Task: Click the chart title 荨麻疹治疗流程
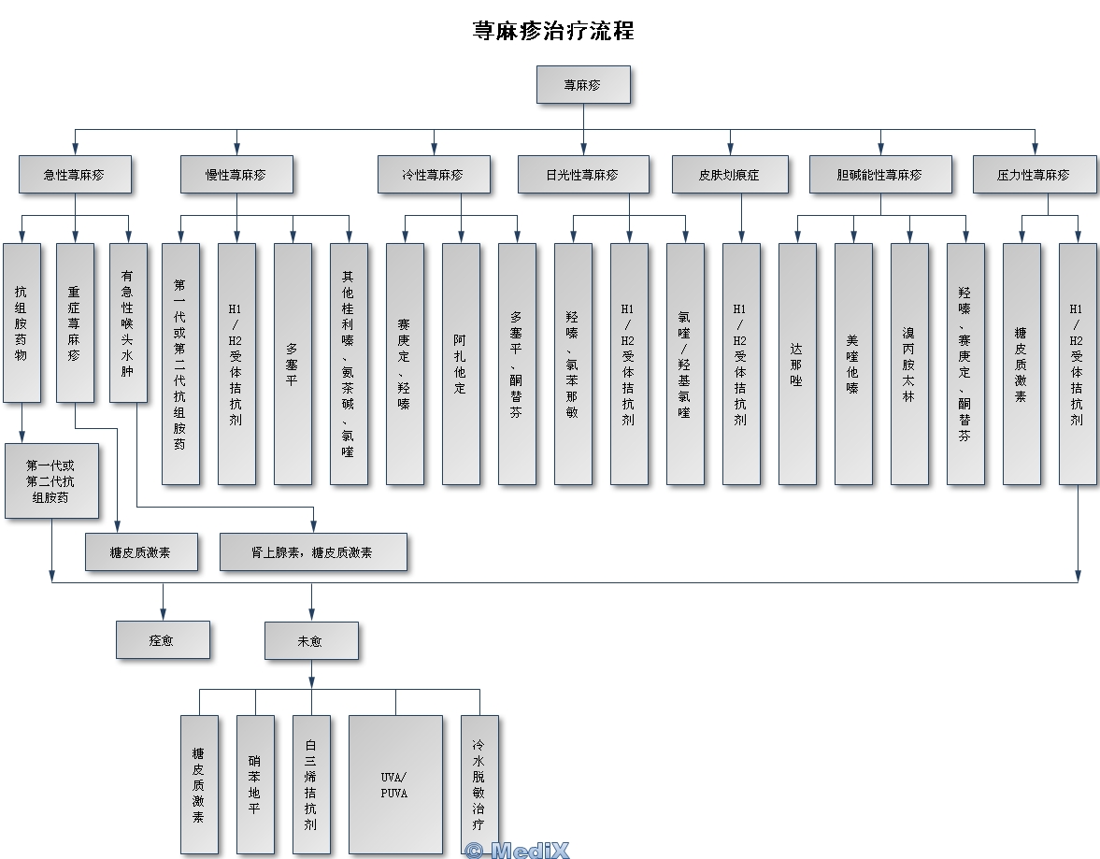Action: click(553, 31)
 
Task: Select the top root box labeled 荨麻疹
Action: click(583, 84)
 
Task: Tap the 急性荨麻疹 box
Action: click(75, 175)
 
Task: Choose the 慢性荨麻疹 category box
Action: click(236, 175)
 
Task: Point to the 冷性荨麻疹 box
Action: click(434, 175)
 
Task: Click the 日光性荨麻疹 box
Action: click(583, 175)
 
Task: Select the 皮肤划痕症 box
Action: click(730, 175)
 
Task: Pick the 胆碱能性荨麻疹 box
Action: click(880, 175)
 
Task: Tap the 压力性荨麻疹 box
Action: click(1035, 175)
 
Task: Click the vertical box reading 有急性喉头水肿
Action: click(128, 322)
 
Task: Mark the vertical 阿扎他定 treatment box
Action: click(461, 364)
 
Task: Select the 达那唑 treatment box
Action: click(797, 364)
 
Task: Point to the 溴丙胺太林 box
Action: click(909, 364)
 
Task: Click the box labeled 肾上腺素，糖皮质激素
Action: click(313, 551)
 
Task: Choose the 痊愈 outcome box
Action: click(163, 640)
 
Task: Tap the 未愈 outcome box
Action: click(311, 640)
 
